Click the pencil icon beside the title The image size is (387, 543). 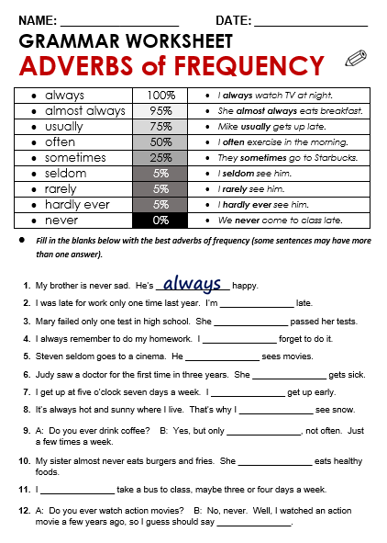coord(355,60)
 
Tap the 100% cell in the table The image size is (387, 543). coord(160,95)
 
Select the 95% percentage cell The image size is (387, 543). coord(160,110)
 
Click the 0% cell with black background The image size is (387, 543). coord(160,221)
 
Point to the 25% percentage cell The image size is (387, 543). coord(160,158)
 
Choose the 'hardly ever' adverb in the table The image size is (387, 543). coord(77,205)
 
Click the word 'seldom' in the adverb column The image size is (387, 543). coord(65,174)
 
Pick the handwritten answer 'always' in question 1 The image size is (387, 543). coord(192,284)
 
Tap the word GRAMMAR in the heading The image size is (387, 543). coord(65,41)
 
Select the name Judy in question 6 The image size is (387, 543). coord(45,375)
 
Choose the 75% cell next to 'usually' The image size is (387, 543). coord(160,127)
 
